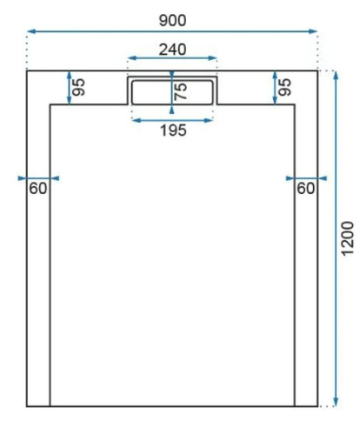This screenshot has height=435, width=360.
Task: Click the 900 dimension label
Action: pos(172,19)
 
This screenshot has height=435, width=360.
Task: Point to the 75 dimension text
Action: pos(182,92)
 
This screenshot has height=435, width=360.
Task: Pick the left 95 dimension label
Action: pos(79,87)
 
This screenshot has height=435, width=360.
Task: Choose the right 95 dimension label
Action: pos(285,87)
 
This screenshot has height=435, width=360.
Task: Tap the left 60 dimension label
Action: pos(37,188)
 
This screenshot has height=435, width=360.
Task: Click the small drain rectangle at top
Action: pos(172,91)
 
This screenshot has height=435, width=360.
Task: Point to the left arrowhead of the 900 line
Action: pos(30,33)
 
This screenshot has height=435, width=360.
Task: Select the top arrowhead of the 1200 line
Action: pos(334,74)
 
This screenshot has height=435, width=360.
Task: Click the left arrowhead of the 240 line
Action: pos(130,59)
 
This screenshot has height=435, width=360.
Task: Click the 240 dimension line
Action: pos(191,59)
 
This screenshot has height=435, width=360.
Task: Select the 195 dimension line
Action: pos(152,119)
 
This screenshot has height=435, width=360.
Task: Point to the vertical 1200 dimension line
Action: pos(334,304)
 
